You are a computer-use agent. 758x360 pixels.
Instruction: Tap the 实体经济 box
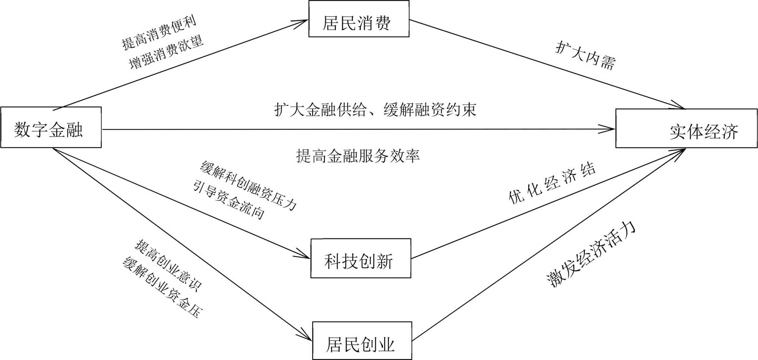(686, 128)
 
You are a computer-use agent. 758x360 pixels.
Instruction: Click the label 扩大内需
(586, 55)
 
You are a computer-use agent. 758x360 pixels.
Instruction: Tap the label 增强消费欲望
(166, 53)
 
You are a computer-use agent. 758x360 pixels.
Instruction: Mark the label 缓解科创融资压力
(248, 186)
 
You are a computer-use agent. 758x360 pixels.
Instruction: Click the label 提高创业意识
(168, 266)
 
